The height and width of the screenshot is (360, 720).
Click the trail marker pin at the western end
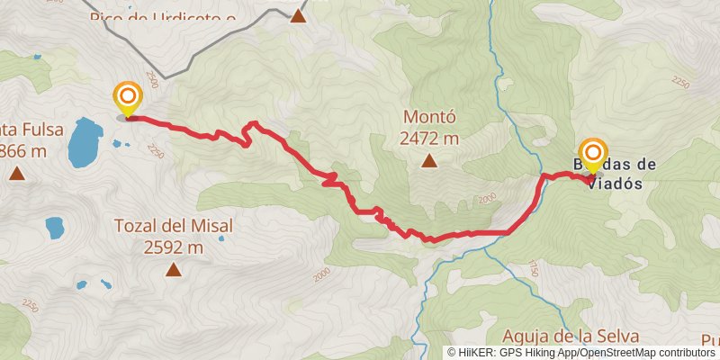(128, 99)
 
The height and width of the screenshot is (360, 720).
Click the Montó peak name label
(430, 117)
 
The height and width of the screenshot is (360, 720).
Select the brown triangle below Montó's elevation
(430, 162)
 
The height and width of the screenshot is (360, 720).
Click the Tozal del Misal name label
(174, 226)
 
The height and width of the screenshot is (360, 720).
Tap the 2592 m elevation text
(174, 247)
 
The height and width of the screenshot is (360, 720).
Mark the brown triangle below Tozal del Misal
(174, 269)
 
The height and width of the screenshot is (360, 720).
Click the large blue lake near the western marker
(84, 143)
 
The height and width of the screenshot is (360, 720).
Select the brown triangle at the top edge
(298, 15)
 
